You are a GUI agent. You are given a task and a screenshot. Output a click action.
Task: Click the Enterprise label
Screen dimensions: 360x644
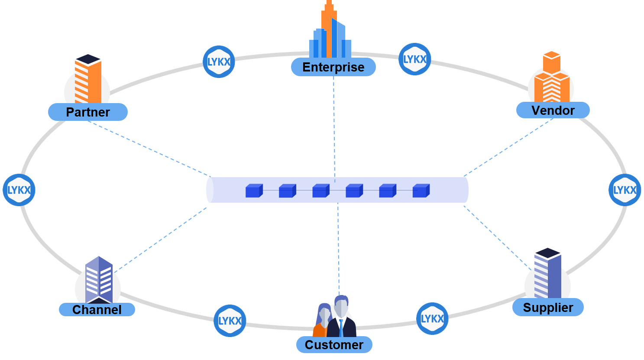click(x=333, y=67)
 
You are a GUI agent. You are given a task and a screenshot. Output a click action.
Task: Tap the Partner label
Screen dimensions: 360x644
click(x=87, y=112)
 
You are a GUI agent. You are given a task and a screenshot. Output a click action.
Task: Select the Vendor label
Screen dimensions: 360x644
click(x=553, y=110)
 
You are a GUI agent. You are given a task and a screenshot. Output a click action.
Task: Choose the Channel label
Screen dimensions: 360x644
click(x=97, y=310)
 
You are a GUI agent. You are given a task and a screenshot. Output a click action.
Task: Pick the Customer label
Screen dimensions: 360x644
click(x=334, y=345)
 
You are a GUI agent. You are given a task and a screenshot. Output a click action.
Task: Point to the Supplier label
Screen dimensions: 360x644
click(x=548, y=308)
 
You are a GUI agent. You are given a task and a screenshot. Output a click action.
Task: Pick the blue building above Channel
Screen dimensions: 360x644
click(x=99, y=279)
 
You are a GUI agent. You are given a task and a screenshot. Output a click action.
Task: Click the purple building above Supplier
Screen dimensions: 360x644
click(x=547, y=273)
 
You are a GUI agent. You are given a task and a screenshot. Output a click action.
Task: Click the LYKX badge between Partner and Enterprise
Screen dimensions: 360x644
click(x=219, y=62)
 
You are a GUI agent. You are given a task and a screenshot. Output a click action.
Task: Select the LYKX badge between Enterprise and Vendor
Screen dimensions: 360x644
click(x=414, y=59)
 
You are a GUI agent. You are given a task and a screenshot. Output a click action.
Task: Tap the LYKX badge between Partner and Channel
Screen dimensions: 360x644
click(x=19, y=190)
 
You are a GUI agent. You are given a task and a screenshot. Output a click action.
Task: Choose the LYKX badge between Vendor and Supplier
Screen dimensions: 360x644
click(x=625, y=190)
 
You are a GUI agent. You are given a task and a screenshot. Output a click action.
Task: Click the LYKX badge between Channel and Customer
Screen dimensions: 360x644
click(x=230, y=321)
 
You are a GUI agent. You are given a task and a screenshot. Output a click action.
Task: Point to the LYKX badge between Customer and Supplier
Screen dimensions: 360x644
click(x=432, y=319)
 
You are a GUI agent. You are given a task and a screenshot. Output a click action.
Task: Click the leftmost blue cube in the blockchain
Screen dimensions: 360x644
click(x=254, y=191)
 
